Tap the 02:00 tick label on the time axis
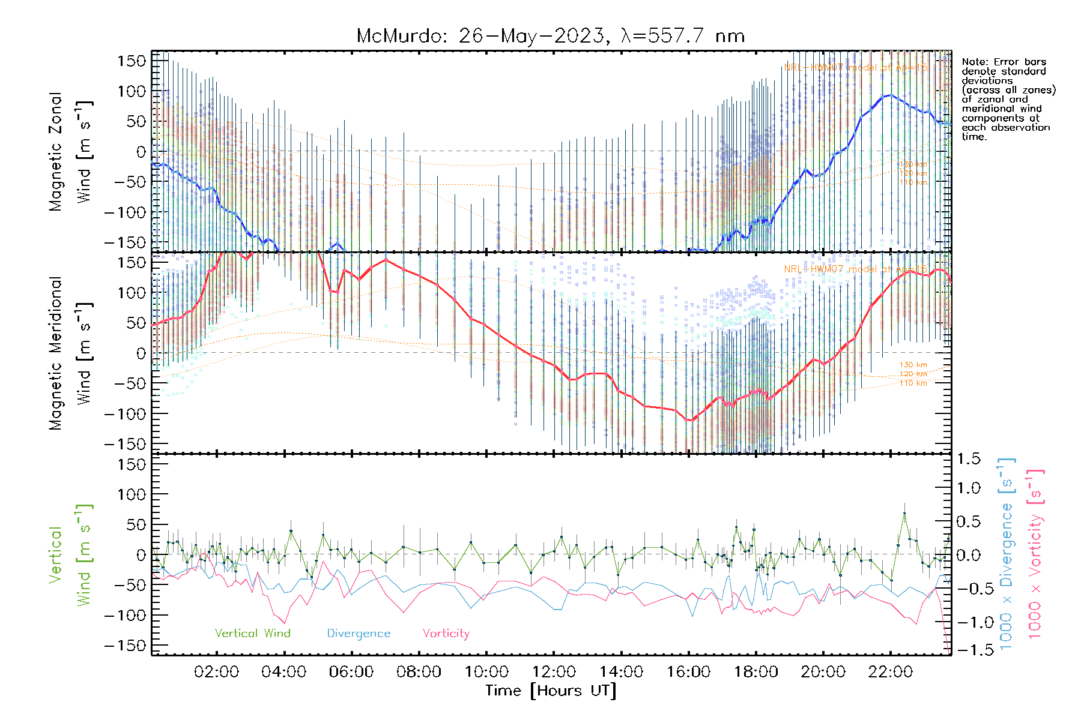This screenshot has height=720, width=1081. (216, 672)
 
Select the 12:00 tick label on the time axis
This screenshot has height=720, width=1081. (554, 672)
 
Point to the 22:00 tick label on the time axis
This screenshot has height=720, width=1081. (891, 672)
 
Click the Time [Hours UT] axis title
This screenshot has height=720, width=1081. (551, 691)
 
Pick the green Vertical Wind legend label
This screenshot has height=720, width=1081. (252, 634)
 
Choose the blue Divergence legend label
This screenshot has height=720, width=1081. (359, 634)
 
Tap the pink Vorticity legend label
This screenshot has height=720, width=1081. (446, 634)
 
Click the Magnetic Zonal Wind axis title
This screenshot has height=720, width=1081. (71, 151)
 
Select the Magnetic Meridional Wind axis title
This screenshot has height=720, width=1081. (71, 353)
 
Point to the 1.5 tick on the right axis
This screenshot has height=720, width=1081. (968, 459)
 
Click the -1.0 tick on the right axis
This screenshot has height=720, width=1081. (968, 622)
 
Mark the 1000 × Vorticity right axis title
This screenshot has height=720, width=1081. (1035, 553)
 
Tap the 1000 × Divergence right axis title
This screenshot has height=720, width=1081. (1007, 553)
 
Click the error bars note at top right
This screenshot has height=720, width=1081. (1008, 99)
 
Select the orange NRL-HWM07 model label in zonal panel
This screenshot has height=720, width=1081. (855, 67)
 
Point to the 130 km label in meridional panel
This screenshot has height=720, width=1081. (913, 365)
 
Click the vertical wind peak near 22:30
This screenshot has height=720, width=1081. (904, 514)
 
